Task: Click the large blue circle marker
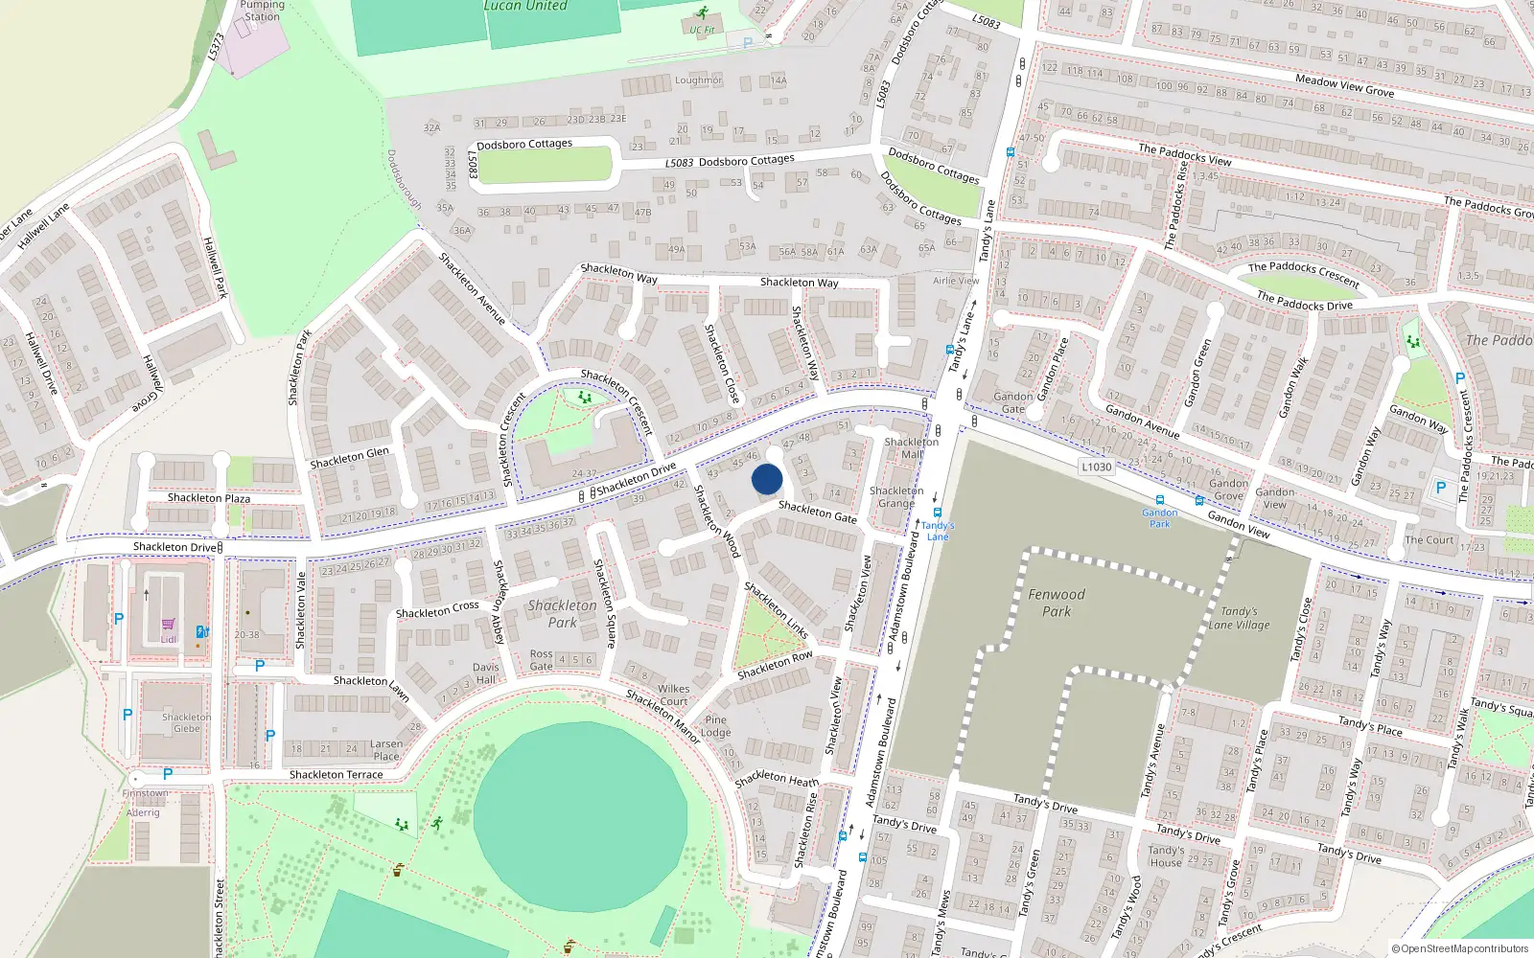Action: [767, 479]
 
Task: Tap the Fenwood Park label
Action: [1057, 603]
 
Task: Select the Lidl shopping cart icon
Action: [169, 624]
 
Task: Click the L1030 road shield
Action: [1096, 467]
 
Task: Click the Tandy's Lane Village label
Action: [1239, 618]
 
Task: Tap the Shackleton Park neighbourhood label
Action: [563, 613]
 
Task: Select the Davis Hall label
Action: [486, 673]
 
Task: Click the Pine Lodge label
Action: [716, 726]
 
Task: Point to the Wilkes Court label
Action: [673, 695]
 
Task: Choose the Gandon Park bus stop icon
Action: [1160, 500]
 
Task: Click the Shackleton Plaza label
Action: [209, 498]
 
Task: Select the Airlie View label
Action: [956, 281]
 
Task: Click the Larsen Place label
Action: [386, 749]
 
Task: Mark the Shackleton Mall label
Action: [911, 447]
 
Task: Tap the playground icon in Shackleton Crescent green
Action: [584, 396]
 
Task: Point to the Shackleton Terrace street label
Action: [336, 774]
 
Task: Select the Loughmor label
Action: [698, 80]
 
